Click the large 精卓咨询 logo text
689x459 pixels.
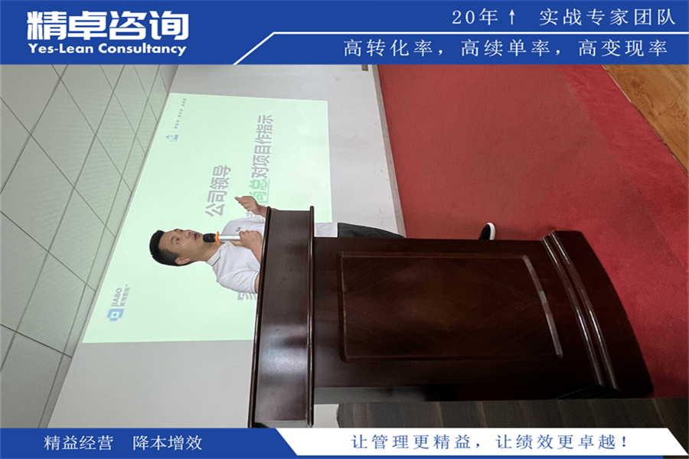click(x=107, y=25)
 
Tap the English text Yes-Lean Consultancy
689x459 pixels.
click(x=107, y=50)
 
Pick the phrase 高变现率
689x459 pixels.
click(x=623, y=49)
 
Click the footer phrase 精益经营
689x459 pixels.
click(x=79, y=443)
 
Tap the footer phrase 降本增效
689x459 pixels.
click(x=168, y=443)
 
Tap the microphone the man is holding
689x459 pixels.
click(x=221, y=238)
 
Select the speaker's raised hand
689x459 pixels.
click(x=250, y=206)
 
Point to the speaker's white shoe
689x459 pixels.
click(x=487, y=231)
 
